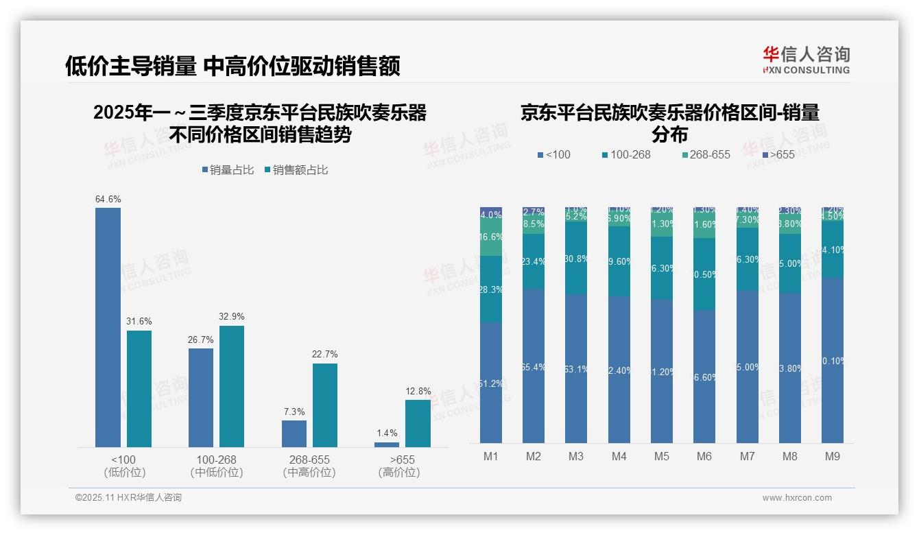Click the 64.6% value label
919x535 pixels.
click(x=108, y=200)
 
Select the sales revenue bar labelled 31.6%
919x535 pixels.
click(x=139, y=388)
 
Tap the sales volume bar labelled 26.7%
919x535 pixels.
click(x=201, y=397)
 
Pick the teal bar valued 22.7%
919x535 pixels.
click(x=325, y=405)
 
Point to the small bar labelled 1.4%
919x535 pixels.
click(x=387, y=444)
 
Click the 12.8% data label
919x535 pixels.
click(x=418, y=392)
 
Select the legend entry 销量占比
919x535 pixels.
click(x=228, y=170)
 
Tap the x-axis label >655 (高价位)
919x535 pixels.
click(x=399, y=466)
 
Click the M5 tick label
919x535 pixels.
click(x=661, y=456)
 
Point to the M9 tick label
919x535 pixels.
click(x=832, y=456)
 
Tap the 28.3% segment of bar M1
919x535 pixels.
click(x=491, y=289)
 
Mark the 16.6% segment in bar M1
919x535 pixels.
click(x=491, y=237)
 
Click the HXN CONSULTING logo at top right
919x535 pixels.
click(x=806, y=60)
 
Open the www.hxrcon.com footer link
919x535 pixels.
click(x=797, y=498)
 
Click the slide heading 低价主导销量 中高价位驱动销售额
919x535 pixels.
click(x=232, y=67)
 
